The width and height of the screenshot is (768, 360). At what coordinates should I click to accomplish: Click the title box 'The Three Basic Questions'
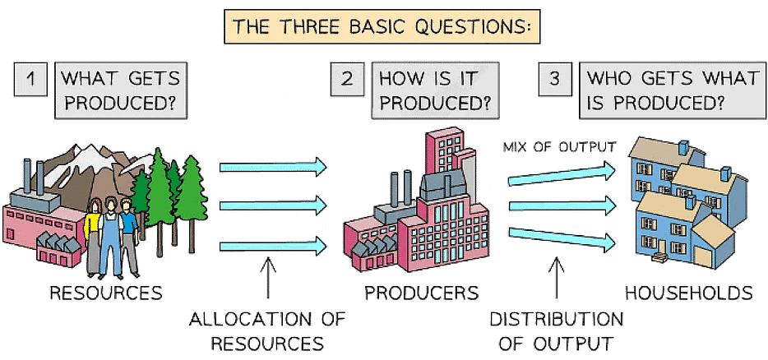pos(385,25)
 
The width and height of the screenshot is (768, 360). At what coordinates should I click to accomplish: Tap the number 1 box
pos(30,81)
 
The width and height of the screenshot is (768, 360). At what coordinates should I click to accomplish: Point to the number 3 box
pos(555,81)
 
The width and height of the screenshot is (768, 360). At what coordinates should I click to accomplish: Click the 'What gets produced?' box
pos(118,91)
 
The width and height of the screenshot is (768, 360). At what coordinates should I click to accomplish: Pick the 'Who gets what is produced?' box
pos(671,91)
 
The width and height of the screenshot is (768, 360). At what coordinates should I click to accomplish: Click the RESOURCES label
pos(105,293)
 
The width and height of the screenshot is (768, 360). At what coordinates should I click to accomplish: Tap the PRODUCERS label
pos(421,293)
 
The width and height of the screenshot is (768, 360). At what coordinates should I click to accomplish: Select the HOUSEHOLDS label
pos(688,293)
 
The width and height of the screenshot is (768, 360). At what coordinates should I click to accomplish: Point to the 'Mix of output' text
pos(558,148)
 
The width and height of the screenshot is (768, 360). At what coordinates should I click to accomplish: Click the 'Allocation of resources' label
pos(266,330)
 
